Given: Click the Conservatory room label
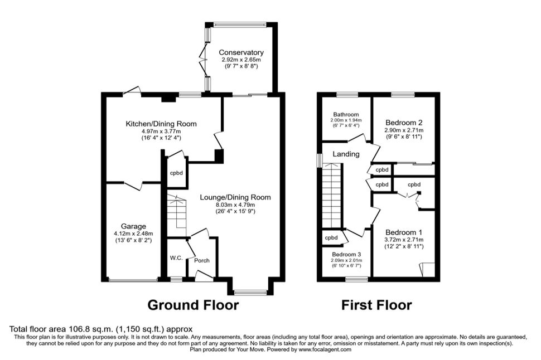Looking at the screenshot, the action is tap(241, 52).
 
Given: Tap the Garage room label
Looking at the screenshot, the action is tap(133, 226).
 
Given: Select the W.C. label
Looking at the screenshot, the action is tap(176, 257).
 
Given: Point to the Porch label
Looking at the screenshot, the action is tap(201, 260).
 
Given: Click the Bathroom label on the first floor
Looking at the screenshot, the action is tap(346, 114).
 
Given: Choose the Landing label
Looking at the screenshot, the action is tap(346, 154).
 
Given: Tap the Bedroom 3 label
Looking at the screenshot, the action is tap(346, 255).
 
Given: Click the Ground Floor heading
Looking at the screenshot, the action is tap(193, 305).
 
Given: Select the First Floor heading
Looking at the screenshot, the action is tap(376, 305).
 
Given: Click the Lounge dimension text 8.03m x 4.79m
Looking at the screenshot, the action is tap(235, 205).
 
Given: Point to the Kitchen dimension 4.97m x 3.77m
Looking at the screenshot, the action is tap(161, 131).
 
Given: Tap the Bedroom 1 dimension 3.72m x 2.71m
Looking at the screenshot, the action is tap(404, 240).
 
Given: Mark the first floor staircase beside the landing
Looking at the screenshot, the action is tap(331, 196).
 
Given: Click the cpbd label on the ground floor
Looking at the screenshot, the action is tap(176, 173).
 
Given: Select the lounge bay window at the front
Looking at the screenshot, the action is tap(250, 293).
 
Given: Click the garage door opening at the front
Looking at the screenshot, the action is tap(133, 280).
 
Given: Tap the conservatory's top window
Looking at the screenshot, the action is tap(240, 24).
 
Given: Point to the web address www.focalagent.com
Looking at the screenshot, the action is tap(325, 349).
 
